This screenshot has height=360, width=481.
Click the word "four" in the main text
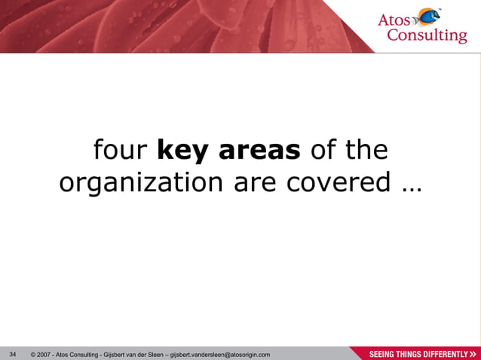click(x=120, y=151)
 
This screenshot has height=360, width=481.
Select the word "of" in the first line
click(x=323, y=151)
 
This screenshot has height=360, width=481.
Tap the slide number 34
click(x=12, y=353)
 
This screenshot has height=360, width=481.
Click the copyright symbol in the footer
click(x=34, y=354)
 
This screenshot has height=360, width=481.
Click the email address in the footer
click(x=221, y=354)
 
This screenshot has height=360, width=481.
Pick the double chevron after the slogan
click(x=473, y=354)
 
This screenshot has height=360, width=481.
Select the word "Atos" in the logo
click(x=395, y=20)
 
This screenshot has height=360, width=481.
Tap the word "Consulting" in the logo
click(x=427, y=36)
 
